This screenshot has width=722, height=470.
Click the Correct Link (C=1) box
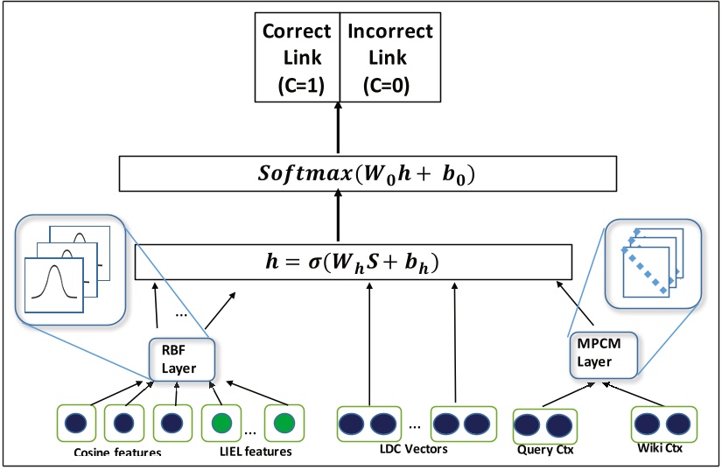tap(297, 58)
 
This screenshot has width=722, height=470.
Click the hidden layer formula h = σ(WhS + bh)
tap(352, 262)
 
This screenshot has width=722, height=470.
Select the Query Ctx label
tap(543, 451)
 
